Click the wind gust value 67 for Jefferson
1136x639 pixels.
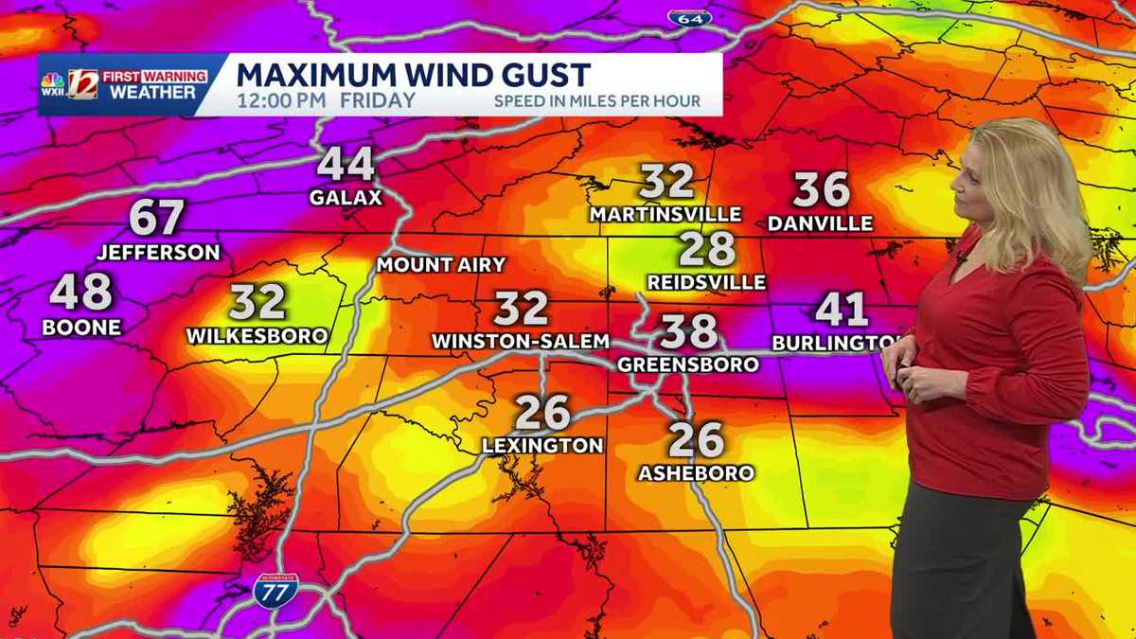(156, 218)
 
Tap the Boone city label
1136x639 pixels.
(81, 328)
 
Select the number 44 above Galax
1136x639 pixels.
(346, 165)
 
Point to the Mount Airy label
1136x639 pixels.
(441, 265)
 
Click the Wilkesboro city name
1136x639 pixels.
(257, 335)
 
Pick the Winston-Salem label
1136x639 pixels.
(520, 341)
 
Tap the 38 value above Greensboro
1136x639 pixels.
(688, 331)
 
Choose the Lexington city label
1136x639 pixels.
(542, 445)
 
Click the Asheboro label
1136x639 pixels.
(696, 472)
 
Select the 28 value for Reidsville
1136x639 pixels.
(707, 249)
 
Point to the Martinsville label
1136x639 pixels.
(666, 215)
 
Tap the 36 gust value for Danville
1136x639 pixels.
(821, 190)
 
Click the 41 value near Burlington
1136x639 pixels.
(842, 310)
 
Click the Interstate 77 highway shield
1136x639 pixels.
(275, 591)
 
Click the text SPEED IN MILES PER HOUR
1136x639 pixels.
(596, 101)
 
